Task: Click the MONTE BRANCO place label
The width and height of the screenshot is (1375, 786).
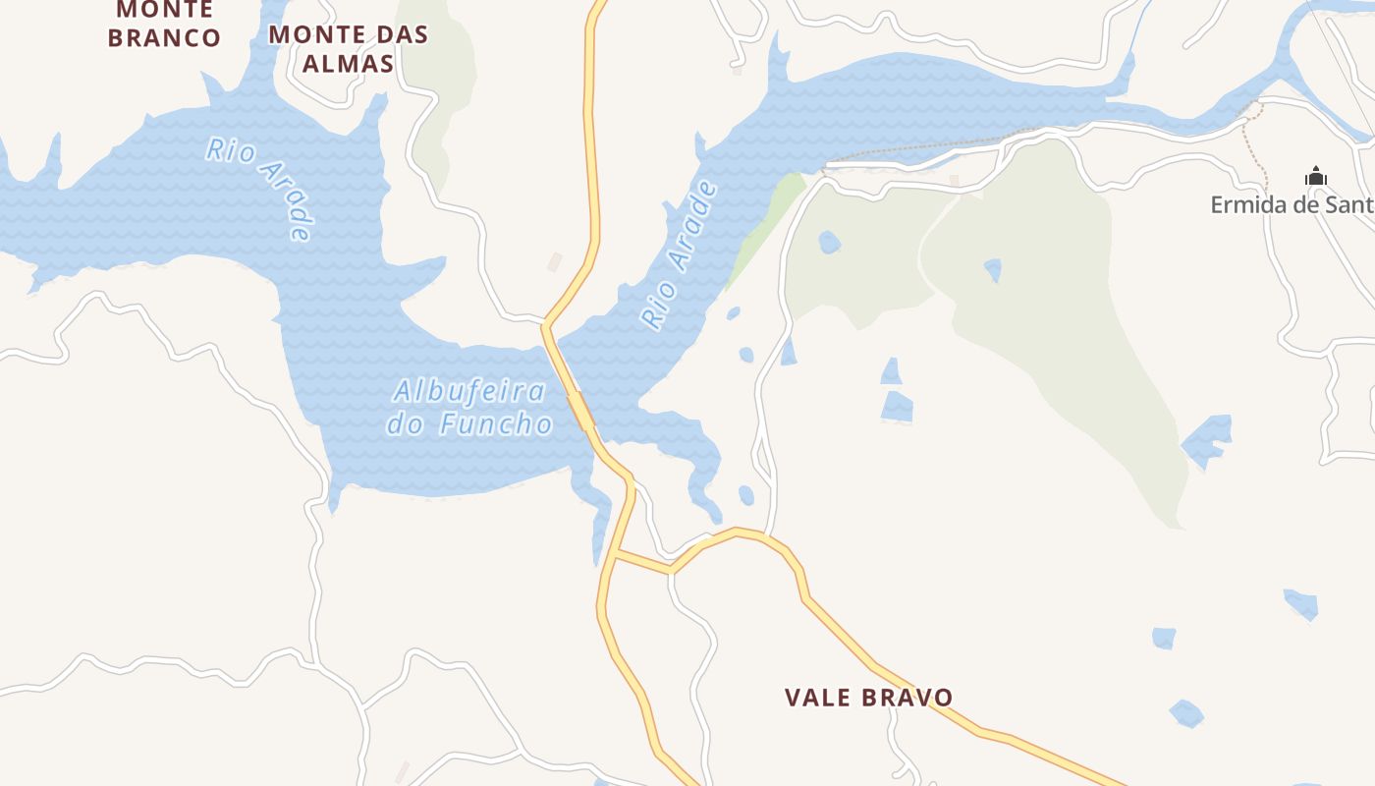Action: pos(164,24)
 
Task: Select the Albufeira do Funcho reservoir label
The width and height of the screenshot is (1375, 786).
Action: pos(469,407)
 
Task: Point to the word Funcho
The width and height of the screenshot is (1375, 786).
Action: pos(497,423)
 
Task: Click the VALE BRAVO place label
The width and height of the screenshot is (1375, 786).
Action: pos(868,698)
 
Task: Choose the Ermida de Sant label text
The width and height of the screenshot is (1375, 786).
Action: pos(1292,204)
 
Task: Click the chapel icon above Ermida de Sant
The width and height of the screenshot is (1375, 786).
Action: pos(1315,177)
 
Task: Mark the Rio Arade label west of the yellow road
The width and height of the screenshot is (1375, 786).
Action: pos(260,188)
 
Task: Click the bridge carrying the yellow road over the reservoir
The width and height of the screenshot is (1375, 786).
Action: pos(580,410)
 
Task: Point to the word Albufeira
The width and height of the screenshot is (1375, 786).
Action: pos(469,391)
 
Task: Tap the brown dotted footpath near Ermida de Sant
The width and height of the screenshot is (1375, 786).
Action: pos(1257,147)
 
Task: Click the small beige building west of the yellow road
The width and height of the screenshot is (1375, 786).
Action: pos(555,261)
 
